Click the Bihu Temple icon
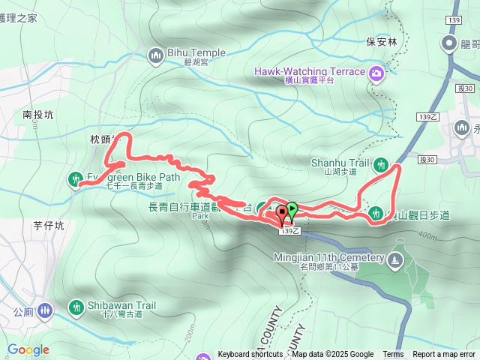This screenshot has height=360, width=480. coord(156,54)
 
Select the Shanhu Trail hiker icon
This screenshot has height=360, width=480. coord(380,163)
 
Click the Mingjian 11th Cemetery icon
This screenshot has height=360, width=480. coord(395,260)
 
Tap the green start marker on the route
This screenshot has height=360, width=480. coord(291,210)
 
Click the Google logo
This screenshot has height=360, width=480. coord(28,349)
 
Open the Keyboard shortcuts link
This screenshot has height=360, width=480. coord(250,355)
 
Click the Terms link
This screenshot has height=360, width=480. coord(393,355)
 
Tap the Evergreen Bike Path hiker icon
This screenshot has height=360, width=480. coord(76,178)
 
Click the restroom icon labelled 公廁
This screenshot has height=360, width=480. coord(44,309)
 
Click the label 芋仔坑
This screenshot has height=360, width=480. coord(49,225)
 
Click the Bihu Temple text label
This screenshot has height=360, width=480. coord(197,53)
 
